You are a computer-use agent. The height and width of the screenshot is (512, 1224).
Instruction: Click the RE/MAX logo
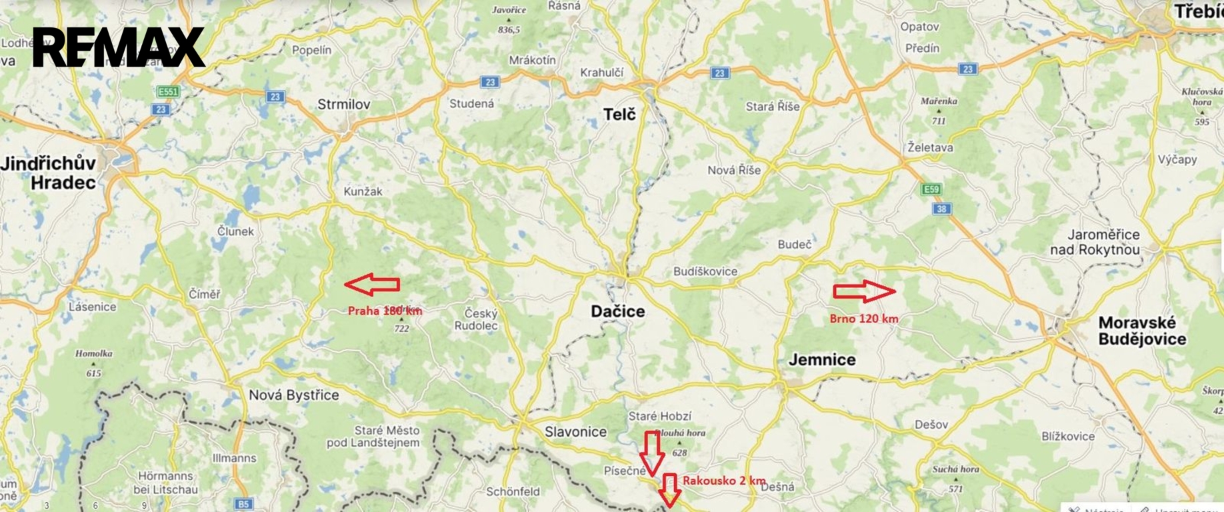pos(119,47)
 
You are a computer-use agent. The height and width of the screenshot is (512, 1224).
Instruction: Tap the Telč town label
pos(619,115)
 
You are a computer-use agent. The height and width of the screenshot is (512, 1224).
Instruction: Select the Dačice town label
pos(618,311)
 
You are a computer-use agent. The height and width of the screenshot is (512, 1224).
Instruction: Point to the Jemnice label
pos(822,360)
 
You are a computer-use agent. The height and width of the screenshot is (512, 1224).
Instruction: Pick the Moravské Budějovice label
pos(1142,331)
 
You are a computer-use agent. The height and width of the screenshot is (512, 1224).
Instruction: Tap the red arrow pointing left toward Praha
pos(372,284)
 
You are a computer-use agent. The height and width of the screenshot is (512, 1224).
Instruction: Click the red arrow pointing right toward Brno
pos(864,291)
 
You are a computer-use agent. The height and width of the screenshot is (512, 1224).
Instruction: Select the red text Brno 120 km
pos(863,319)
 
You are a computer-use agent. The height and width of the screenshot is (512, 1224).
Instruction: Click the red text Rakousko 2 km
pos(723,481)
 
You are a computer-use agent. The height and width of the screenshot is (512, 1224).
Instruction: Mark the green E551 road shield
pos(167,91)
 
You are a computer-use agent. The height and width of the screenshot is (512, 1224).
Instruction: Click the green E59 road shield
pos(931,189)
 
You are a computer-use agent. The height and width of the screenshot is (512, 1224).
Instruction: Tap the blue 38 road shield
pos(941,209)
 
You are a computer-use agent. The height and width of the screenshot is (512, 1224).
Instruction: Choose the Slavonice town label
pos(575,431)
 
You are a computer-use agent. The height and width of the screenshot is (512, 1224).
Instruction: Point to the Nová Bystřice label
pos(293,395)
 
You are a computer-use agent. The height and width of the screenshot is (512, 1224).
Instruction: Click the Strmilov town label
pos(343,105)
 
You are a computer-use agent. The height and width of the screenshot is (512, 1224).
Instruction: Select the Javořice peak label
pos(509,10)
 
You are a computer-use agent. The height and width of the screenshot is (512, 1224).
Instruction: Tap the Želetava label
pos(930,147)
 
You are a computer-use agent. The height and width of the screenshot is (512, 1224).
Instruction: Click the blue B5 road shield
pos(243,504)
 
